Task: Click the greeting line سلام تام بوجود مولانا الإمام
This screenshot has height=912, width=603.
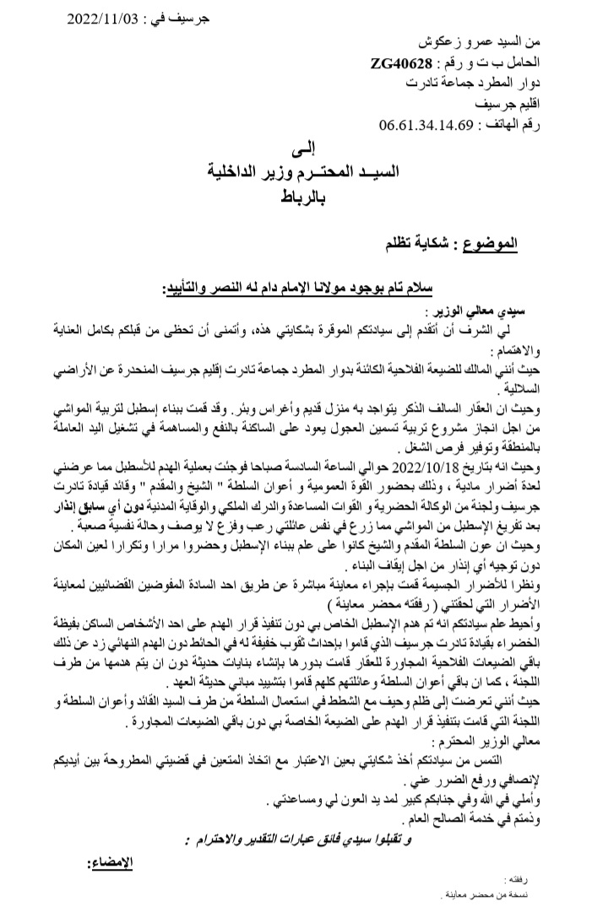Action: pos(339,289)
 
